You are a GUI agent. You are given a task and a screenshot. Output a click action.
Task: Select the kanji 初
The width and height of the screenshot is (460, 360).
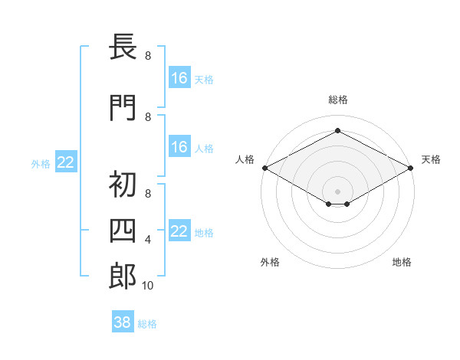[123, 185]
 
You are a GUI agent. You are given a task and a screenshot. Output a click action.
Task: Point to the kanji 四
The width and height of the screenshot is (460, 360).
[123, 231]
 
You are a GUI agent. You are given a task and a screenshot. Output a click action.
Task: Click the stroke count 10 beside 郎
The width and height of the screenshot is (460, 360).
[148, 286]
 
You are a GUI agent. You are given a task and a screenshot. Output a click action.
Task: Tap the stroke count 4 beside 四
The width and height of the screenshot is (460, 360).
[148, 240]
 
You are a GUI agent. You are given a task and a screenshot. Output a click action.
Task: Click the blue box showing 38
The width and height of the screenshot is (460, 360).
[122, 323]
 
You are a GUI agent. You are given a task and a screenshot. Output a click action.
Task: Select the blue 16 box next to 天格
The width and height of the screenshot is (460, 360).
[179, 78]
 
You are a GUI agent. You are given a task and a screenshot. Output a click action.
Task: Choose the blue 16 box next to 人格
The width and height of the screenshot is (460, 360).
[179, 147]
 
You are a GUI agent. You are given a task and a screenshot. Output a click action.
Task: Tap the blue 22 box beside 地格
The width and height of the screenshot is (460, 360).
[179, 231]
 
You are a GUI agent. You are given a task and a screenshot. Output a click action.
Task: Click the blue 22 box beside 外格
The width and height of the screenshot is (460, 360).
[65, 162]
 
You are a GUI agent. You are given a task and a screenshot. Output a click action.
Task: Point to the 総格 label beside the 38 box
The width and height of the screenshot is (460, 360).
[147, 324]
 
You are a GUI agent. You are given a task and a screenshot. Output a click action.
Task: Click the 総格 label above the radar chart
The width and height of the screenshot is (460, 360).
[337, 100]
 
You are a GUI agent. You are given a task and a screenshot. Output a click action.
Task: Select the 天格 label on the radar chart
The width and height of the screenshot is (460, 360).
[431, 159]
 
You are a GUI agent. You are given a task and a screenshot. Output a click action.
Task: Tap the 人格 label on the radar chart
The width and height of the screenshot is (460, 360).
[245, 159]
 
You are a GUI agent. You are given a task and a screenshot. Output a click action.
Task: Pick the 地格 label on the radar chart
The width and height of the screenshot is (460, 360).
[402, 262]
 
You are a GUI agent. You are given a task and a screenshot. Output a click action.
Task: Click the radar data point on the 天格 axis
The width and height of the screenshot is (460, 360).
[411, 168]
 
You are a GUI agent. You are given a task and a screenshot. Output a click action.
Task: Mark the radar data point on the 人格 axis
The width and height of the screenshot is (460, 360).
[264, 168]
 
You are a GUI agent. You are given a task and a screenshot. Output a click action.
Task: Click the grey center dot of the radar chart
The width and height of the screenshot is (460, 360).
[337, 191]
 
